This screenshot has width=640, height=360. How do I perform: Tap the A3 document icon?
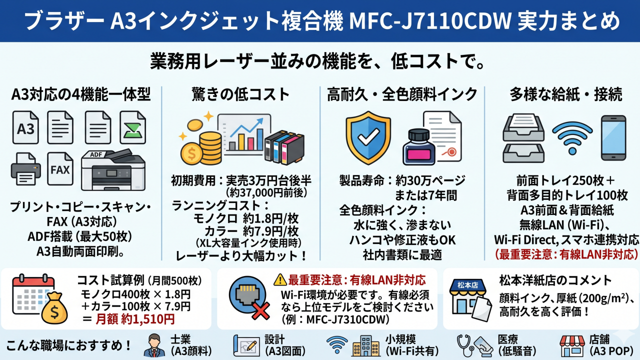pyautogui.click(x=25, y=128)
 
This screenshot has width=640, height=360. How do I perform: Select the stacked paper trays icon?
pyautogui.click(x=523, y=139)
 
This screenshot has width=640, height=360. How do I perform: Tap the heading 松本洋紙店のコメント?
pyautogui.click(x=555, y=280)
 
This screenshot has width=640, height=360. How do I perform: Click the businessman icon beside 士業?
pyautogui.click(x=154, y=345)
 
